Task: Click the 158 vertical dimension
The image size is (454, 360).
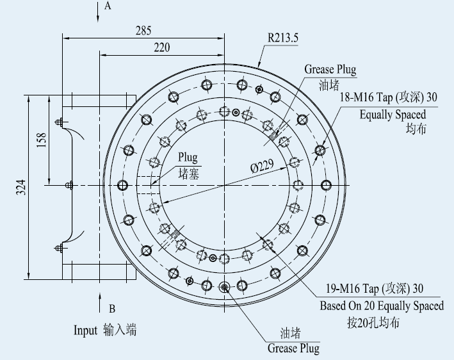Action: click(x=41, y=140)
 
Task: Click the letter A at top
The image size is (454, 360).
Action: click(x=108, y=6)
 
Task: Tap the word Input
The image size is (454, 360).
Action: click(x=85, y=331)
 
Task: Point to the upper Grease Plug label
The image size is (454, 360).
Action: click(x=330, y=70)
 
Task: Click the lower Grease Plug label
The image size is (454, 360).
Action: click(x=293, y=348)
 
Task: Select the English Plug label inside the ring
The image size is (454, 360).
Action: click(x=188, y=158)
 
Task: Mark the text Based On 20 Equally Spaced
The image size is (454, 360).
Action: click(x=382, y=306)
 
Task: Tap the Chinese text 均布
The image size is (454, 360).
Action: click(x=416, y=129)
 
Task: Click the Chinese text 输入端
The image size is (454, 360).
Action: click(x=120, y=331)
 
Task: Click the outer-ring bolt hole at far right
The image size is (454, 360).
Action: click(x=326, y=185)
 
